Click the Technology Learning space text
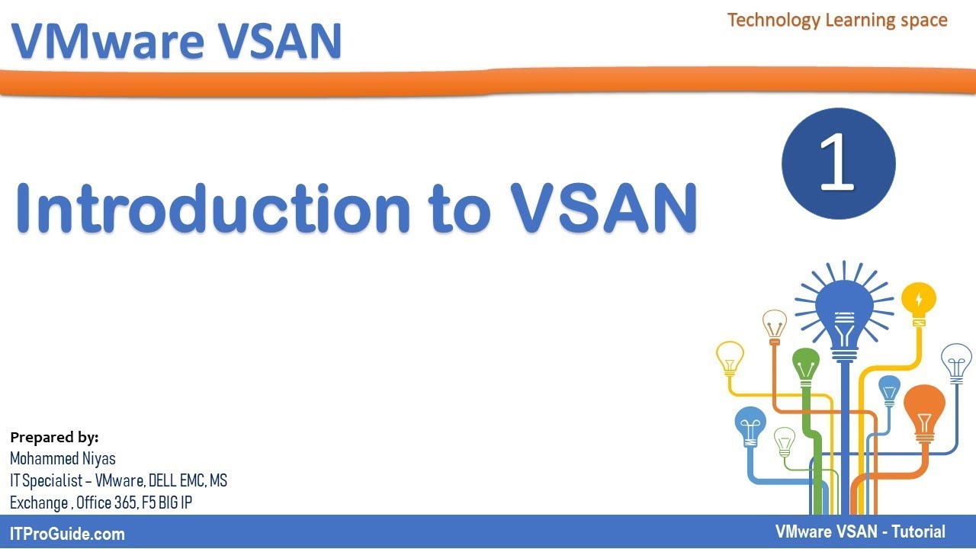point(837,20)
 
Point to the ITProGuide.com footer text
point(67,534)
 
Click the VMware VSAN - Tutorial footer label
point(860,532)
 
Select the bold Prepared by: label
point(54,438)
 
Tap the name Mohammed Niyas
point(63,459)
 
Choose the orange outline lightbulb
point(775,324)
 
